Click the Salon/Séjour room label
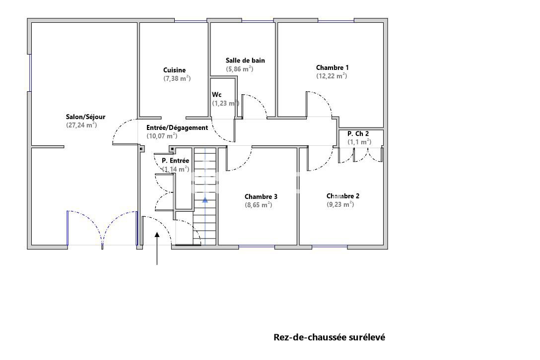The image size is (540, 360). point(85,117)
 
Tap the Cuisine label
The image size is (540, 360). point(174,70)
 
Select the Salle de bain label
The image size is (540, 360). point(245,60)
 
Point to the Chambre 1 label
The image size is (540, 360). point(332,67)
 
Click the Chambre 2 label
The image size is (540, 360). point(343,196)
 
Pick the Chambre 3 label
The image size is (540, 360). point(261,196)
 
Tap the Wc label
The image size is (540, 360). point(217,95)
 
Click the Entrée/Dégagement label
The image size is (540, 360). point(177,127)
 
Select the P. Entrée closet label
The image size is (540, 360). point(175,161)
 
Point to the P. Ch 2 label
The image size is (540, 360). point(358,133)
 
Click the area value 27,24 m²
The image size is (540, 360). point(81,125)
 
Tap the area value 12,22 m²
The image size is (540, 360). point(332,76)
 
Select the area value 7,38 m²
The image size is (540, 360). point(177,78)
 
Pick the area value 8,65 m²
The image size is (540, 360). point(258,204)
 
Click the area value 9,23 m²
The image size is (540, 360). point(340,204)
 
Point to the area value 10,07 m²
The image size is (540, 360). point(162,136)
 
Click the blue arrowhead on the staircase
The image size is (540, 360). point(205,200)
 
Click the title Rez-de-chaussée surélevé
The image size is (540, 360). point(329,337)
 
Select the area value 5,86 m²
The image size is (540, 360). point(240,69)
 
